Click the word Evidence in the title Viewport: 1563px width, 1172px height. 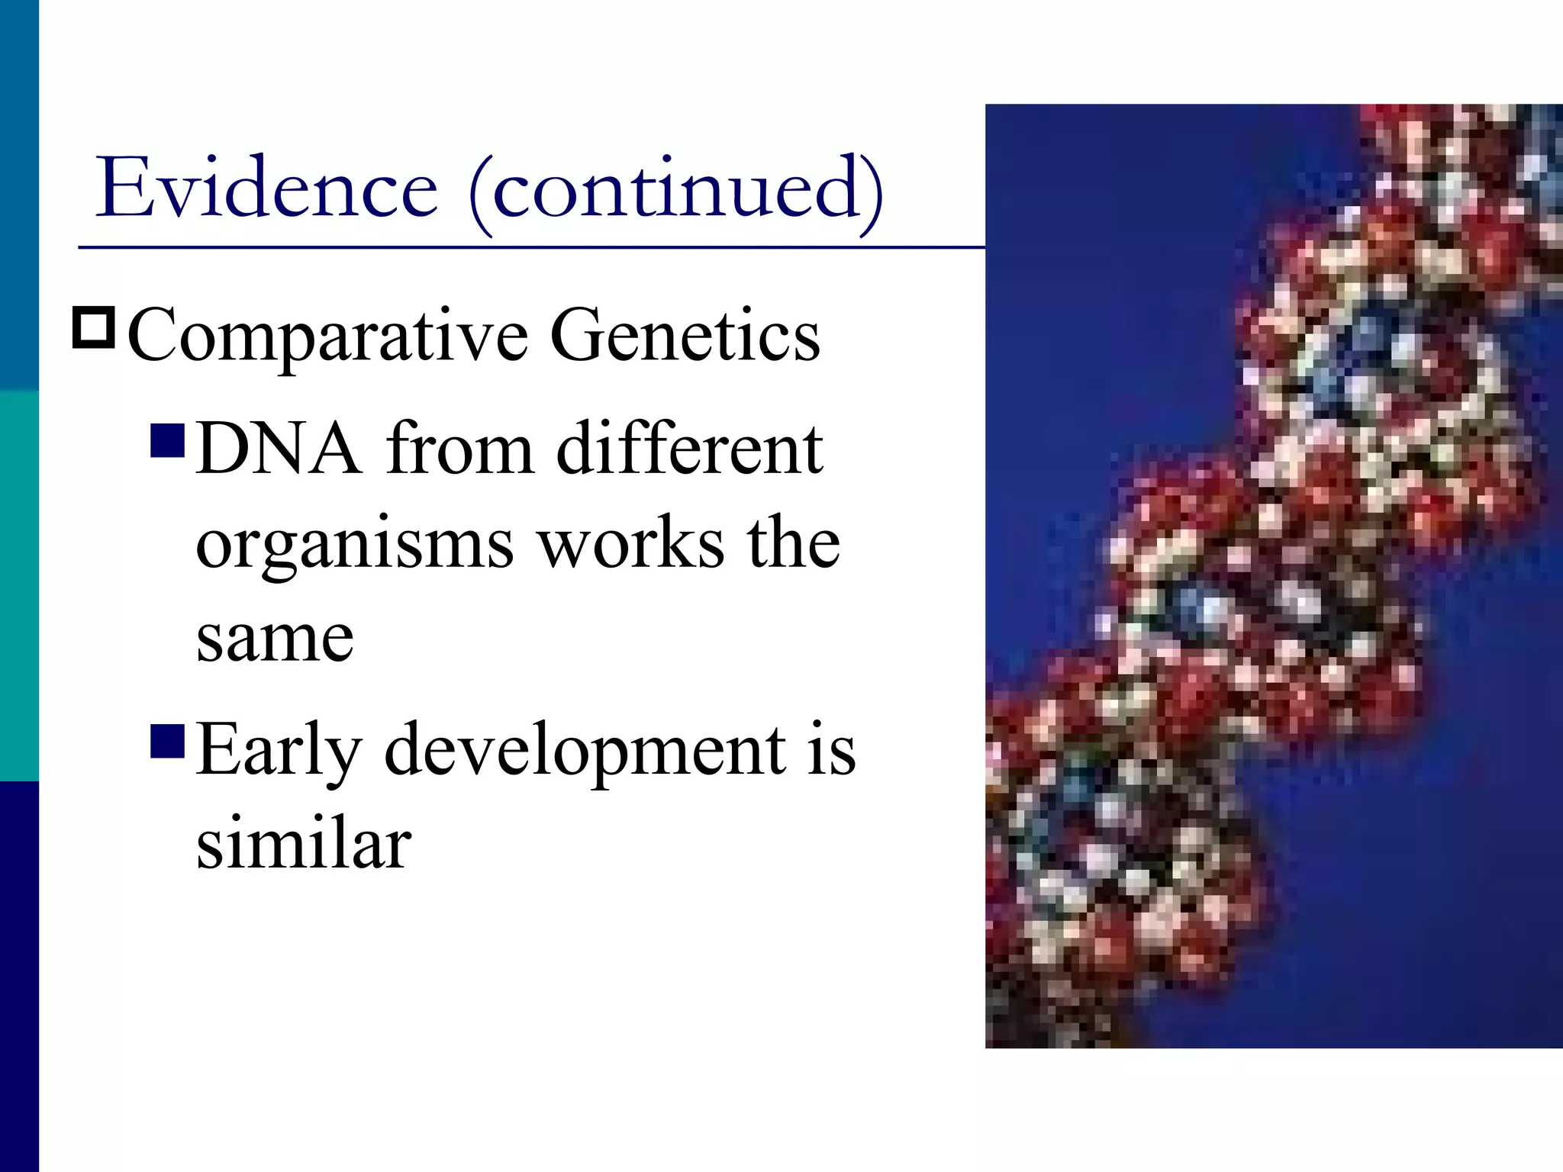pos(266,188)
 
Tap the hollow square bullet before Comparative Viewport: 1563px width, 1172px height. pos(94,328)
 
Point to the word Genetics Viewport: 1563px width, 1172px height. pos(685,336)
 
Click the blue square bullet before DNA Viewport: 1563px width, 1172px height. pos(168,439)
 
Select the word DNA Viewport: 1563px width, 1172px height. pos(279,449)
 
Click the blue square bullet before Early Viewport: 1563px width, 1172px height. pos(168,741)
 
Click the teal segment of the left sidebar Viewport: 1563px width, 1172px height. pos(19,586)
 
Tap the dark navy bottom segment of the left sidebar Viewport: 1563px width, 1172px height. pos(19,977)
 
